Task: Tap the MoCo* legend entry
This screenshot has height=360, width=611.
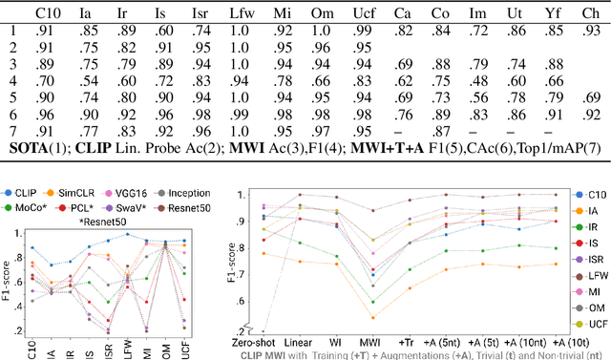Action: [32, 207]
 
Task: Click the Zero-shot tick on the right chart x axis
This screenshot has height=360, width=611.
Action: [263, 341]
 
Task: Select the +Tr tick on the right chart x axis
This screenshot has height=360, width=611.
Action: [409, 341]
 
